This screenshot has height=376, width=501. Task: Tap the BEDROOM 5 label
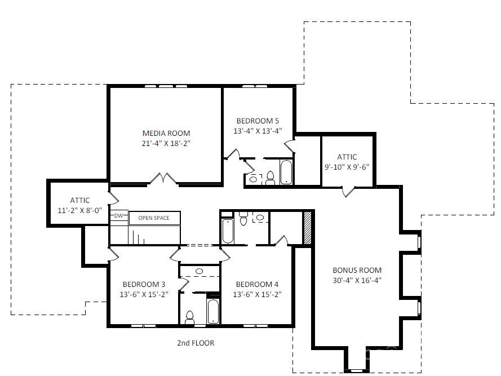pos(257,121)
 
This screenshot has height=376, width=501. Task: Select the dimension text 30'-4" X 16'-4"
pos(357,280)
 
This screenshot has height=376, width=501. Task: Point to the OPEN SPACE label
pos(154,218)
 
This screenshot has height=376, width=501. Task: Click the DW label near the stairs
pos(119,216)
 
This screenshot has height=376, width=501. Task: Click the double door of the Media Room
pos(163,179)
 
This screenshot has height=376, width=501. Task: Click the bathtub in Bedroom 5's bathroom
pos(286,172)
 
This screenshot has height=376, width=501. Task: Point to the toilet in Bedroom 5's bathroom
pos(270,178)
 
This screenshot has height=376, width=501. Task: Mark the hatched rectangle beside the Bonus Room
pos(308,228)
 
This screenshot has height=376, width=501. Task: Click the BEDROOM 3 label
pos(144,284)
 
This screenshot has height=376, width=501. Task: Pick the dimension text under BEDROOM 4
pos(257,294)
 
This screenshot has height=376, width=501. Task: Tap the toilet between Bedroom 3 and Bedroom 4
pos(190,317)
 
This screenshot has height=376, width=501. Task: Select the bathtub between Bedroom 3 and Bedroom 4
pos(214,312)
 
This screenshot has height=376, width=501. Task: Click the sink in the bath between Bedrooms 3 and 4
pos(199,272)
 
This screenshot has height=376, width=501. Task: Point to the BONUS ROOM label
pos(357,270)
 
